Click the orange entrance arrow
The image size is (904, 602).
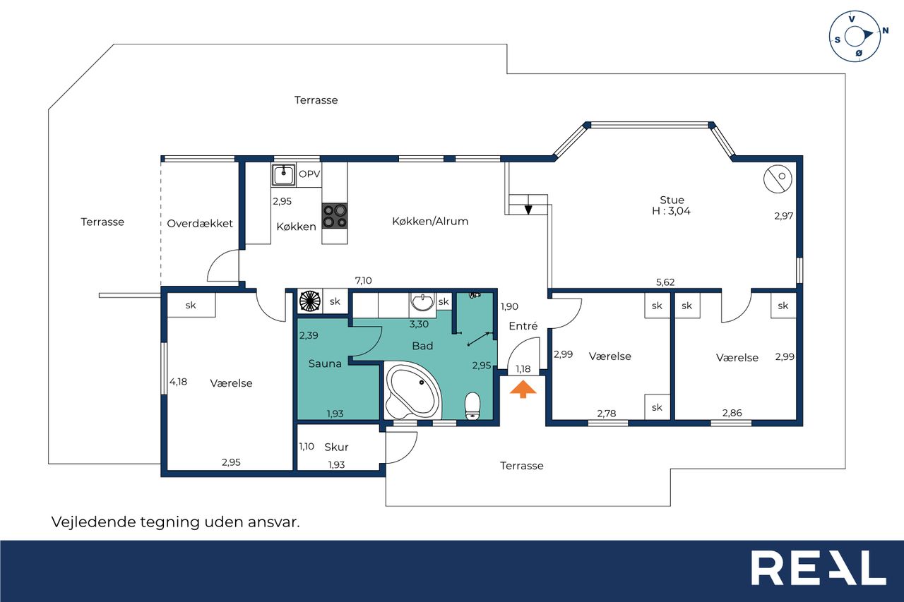click(523, 390)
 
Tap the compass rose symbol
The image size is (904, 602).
click(855, 37)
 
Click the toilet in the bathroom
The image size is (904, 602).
click(472, 406)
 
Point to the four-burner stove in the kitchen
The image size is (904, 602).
click(335, 216)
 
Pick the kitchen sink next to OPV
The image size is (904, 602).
click(283, 175)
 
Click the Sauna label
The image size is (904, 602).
click(325, 363)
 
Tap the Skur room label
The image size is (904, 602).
click(336, 447)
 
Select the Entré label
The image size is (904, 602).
click(523, 326)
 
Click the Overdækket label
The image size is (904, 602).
click(200, 224)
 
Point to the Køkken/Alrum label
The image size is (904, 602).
click(430, 221)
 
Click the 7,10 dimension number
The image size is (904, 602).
click(363, 280)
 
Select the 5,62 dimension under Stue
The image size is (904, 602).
click(665, 282)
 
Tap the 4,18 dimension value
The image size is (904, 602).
click(178, 381)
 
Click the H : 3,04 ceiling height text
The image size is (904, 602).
click(671, 210)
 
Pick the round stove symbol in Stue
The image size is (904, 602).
click(778, 179)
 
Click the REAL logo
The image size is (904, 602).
click(819, 567)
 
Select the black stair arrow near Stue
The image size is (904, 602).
click(528, 209)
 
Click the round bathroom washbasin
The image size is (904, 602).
click(422, 302)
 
